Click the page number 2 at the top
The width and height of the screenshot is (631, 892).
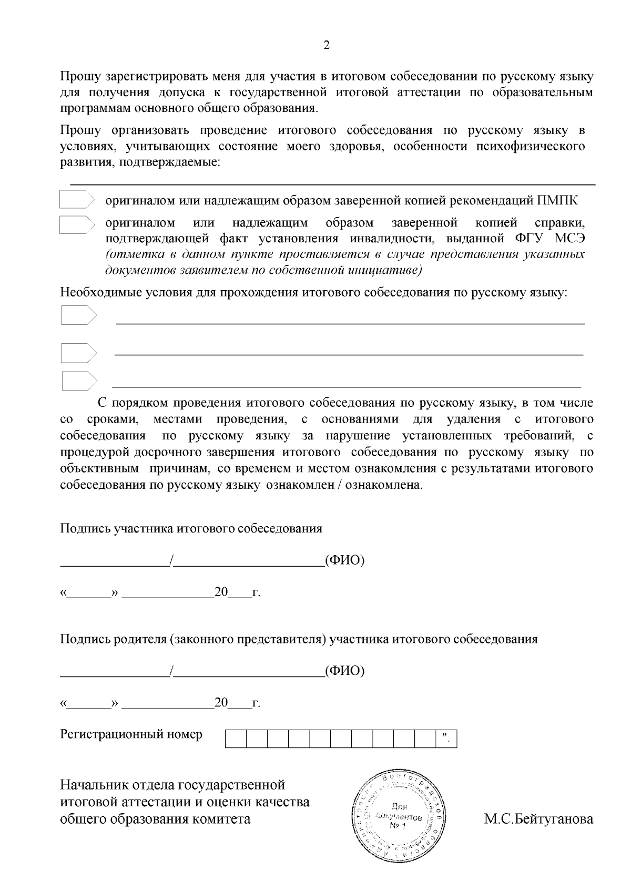click(x=326, y=45)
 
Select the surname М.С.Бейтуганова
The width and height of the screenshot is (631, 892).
click(x=538, y=819)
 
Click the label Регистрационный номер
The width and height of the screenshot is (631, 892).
click(x=131, y=734)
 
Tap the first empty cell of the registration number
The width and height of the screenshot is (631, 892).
click(x=236, y=739)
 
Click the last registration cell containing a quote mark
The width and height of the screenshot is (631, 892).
click(x=446, y=739)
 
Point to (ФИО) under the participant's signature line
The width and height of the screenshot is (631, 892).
click(x=344, y=560)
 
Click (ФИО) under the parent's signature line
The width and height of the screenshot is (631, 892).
click(x=344, y=671)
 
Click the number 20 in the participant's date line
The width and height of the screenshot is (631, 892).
click(x=221, y=592)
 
